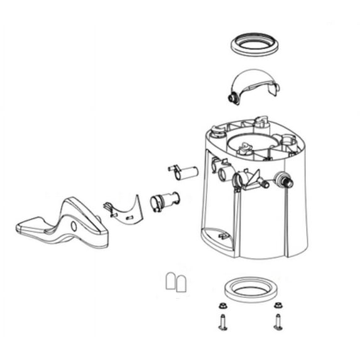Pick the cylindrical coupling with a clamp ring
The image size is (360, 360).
pyautogui.click(x=164, y=202)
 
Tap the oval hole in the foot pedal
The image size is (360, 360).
pyautogui.click(x=74, y=226)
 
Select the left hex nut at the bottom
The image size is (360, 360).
pyautogui.click(x=222, y=307)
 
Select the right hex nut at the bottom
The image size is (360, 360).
pyautogui.click(x=277, y=307)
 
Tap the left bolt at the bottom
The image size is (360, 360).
pyautogui.click(x=222, y=322)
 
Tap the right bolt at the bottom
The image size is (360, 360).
pyautogui.click(x=278, y=322)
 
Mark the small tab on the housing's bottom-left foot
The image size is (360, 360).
pyautogui.click(x=221, y=235)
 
